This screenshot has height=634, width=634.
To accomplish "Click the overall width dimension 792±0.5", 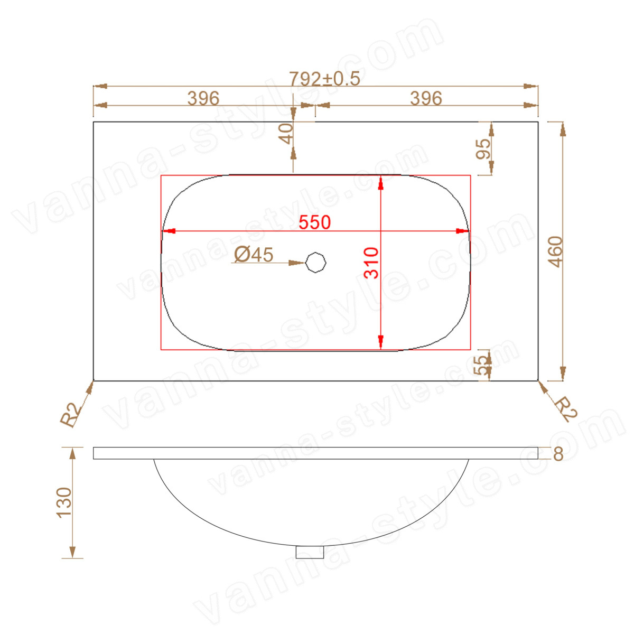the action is (x=324, y=79).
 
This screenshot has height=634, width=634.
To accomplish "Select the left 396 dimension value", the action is (x=203, y=98).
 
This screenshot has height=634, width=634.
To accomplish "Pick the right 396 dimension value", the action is (x=426, y=98).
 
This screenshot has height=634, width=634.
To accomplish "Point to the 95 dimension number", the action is (x=483, y=149).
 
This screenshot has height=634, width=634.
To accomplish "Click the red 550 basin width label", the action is (x=314, y=222).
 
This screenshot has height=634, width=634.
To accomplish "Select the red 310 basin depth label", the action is (x=371, y=263).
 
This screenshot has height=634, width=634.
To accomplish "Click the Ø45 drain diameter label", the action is (x=254, y=254).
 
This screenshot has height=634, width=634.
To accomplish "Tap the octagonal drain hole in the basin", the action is (x=316, y=262).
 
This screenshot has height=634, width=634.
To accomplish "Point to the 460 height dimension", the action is (x=556, y=251).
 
